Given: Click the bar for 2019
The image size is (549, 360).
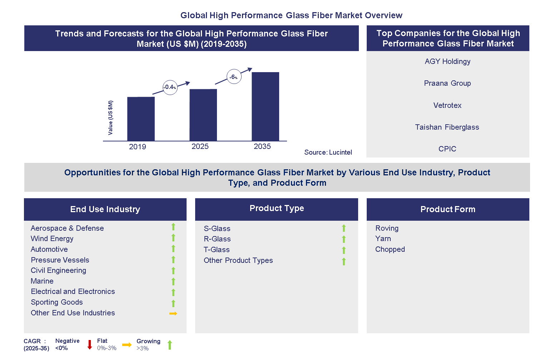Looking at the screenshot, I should [141, 119].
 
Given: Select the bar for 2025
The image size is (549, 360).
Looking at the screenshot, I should [203, 115].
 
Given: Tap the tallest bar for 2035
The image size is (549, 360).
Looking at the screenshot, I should [265, 106].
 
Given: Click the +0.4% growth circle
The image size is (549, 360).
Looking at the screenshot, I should [170, 87].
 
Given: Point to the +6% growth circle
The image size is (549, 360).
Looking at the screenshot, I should [234, 77].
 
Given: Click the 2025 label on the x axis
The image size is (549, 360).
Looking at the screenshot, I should [200, 146].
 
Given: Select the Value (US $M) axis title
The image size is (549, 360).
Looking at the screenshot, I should [110, 117].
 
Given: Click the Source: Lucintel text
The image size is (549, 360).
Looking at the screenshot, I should [328, 152].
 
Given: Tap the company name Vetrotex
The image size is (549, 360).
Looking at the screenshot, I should [447, 105].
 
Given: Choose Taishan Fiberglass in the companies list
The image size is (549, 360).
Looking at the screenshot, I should [447, 127].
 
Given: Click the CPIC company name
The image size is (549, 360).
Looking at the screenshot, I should [447, 149].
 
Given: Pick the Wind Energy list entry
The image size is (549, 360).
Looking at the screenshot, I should [52, 239].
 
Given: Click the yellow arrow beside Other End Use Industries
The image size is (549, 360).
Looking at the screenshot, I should [173, 314].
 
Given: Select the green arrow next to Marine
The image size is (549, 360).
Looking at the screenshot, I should [173, 281].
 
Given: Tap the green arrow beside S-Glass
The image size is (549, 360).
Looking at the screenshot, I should [344, 228].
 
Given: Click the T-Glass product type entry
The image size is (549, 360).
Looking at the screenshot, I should [217, 250].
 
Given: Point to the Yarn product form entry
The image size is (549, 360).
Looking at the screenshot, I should [383, 239].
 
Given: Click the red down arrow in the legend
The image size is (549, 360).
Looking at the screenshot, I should [90, 345].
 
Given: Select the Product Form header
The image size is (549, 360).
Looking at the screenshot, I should [447, 209].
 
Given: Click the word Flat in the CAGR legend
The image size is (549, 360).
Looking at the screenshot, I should [102, 341].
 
